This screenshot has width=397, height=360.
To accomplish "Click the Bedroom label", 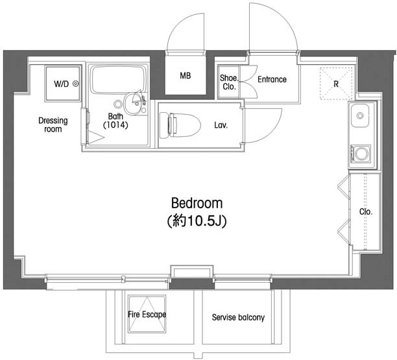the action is [197, 203].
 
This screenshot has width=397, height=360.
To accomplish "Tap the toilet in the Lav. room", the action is [180, 125].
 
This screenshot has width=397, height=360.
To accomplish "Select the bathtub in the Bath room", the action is [119, 80].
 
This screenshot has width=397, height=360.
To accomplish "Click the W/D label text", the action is [61, 84].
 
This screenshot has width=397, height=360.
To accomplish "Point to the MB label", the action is [185, 75].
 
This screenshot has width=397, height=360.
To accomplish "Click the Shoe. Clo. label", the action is [229, 82].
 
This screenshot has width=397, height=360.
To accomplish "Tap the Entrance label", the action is [272, 80].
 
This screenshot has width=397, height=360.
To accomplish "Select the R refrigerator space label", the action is [336, 84].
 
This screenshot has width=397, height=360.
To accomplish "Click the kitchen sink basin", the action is [360, 115].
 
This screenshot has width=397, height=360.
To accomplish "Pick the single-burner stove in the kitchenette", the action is [361, 153].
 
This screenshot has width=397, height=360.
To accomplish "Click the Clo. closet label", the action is [366, 211].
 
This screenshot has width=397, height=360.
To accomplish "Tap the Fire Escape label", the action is [147, 315].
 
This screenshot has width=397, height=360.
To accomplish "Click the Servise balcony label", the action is [238, 317].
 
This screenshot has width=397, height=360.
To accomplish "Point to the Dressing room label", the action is [53, 125].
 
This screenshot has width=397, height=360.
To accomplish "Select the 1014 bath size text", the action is [115, 125].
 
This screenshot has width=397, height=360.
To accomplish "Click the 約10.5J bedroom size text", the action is [197, 221].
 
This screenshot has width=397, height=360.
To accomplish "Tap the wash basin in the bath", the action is [133, 104].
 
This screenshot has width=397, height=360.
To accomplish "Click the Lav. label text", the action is [221, 125].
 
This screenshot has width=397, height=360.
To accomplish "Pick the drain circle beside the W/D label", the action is [76, 84].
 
